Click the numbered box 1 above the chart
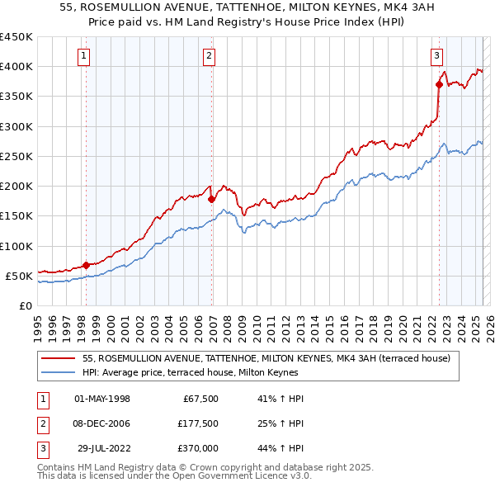[85, 56]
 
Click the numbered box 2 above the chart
[210, 56]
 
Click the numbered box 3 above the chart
[436, 56]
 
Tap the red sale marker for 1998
[86, 265]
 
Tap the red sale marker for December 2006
[211, 199]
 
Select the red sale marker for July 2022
[439, 84]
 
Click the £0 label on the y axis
[25, 305]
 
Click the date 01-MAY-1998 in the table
[102, 399]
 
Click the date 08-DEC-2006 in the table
[102, 423]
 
